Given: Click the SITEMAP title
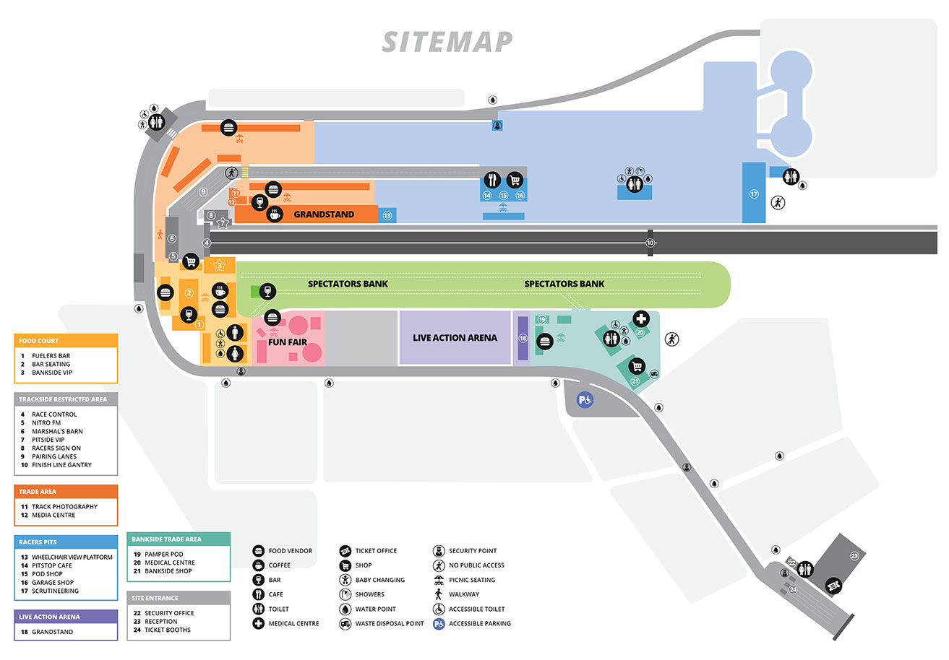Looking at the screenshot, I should [447, 41].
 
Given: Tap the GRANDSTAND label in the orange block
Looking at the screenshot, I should [324, 214].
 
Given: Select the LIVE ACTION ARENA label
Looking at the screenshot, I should [455, 338].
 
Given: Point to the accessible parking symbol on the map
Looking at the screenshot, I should [583, 399].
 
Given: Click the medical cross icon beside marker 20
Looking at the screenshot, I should [640, 318].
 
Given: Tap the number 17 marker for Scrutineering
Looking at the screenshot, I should [753, 194].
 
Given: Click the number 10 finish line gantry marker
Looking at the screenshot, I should [650, 243].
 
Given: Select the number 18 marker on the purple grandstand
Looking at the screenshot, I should [523, 338].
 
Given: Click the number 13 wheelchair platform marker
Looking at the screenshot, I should [387, 215].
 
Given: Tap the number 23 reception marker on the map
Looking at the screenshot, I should [854, 556].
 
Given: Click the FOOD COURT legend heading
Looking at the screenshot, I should [39, 341].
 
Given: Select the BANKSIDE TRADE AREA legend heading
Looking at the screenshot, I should [167, 539].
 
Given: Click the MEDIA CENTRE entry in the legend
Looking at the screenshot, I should [53, 515].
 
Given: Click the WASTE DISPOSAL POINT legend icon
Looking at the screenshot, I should [345, 624].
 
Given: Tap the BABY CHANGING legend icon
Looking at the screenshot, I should [345, 580].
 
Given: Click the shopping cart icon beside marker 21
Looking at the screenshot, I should [636, 365].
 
